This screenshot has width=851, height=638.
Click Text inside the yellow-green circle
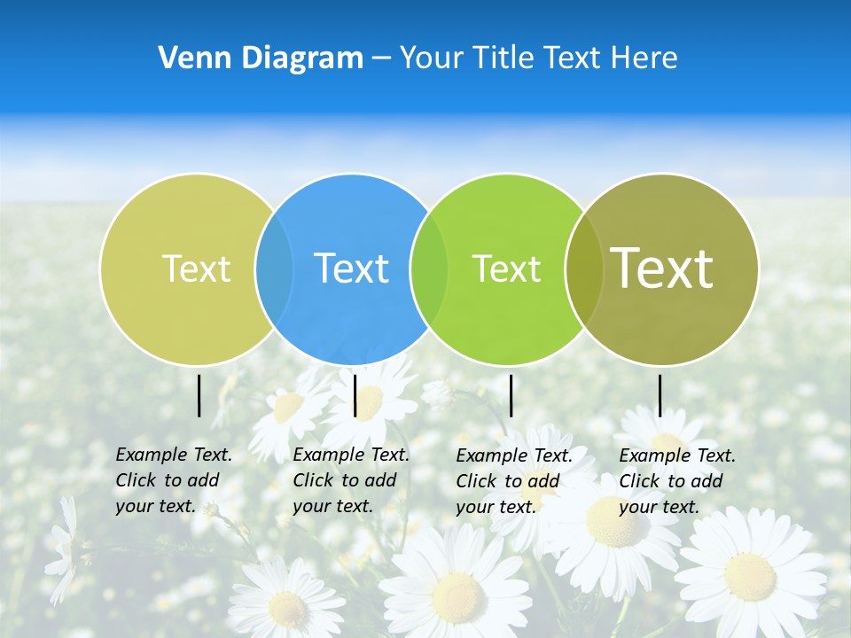[x=196, y=268]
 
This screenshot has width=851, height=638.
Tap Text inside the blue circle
[x=351, y=268]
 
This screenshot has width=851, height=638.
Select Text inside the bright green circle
[x=506, y=268]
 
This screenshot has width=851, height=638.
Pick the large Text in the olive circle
[x=662, y=268]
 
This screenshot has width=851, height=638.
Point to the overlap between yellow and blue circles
[x=274, y=268]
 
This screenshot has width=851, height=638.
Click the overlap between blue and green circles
[x=429, y=268]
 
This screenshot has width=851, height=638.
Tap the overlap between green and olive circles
[x=584, y=268]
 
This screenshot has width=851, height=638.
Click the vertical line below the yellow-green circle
[x=199, y=395]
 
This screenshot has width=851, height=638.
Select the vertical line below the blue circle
[x=355, y=395]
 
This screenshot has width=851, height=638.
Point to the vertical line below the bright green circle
[x=511, y=395]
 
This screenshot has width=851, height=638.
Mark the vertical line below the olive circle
[x=660, y=395]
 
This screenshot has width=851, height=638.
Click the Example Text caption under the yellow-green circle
[x=173, y=480]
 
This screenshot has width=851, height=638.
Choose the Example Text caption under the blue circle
[x=350, y=480]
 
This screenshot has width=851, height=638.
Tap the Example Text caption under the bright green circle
[x=513, y=481]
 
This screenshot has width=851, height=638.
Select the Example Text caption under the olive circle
[x=676, y=481]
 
